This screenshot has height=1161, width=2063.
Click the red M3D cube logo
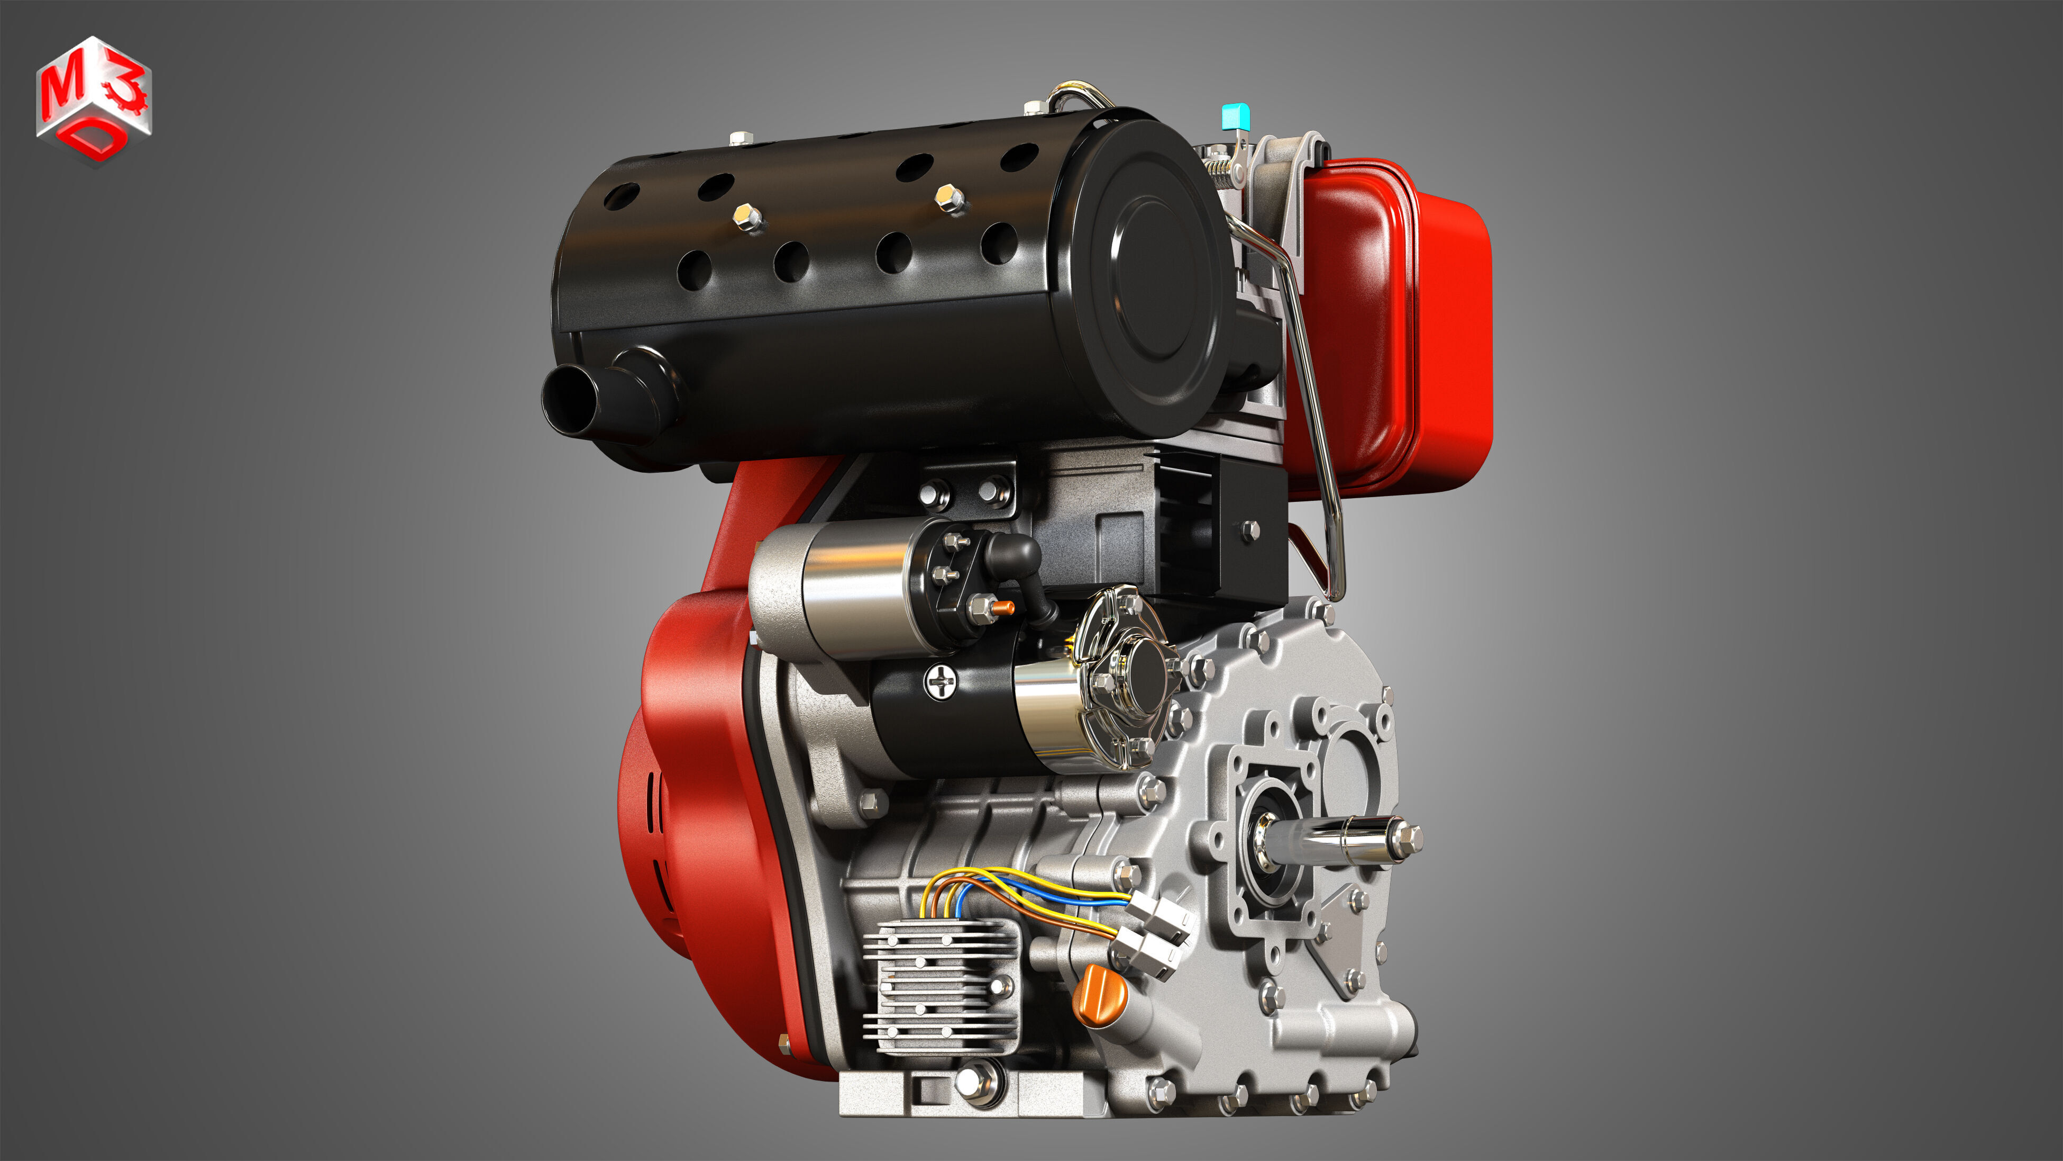tap(94, 100)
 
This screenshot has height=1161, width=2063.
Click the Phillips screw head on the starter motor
tap(940, 682)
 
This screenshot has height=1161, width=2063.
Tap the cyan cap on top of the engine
tap(1234, 118)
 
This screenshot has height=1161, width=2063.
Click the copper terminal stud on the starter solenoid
tap(1002, 609)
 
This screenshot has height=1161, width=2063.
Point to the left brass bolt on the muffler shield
tap(747, 215)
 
